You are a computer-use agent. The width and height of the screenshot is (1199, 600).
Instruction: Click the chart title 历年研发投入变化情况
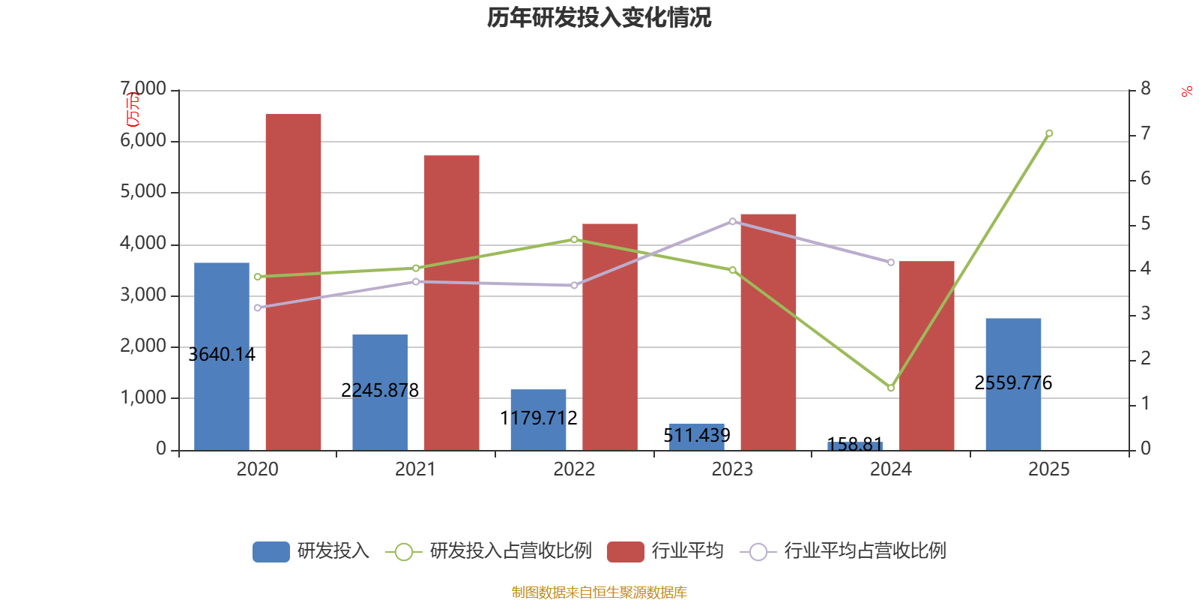(x=599, y=17)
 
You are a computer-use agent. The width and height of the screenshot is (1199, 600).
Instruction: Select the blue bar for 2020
(x=222, y=315)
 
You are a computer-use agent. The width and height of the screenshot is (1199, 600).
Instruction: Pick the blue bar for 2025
(x=1013, y=352)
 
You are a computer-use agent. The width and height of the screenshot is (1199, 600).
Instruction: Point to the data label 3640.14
(x=222, y=355)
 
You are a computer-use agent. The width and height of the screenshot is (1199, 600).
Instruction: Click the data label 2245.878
(x=380, y=391)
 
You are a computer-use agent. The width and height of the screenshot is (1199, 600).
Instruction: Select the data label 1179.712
(x=538, y=418)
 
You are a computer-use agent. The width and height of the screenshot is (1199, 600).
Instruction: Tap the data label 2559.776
(x=1013, y=383)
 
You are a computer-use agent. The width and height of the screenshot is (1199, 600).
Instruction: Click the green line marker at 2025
(x=1049, y=133)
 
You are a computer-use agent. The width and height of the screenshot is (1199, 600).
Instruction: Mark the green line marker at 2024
(x=891, y=388)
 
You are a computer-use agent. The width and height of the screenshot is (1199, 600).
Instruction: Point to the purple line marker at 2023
(x=733, y=221)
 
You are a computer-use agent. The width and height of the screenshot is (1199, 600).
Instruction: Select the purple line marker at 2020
(x=258, y=307)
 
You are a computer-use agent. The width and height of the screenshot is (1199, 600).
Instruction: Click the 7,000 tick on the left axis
(x=144, y=89)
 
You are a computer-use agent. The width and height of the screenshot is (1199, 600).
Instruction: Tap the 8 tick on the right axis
(x=1145, y=89)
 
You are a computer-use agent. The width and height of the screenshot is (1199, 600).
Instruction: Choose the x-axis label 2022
(x=574, y=469)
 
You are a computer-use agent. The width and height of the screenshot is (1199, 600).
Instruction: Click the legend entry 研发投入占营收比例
(x=510, y=551)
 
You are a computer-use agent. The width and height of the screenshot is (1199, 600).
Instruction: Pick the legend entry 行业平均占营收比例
(x=864, y=551)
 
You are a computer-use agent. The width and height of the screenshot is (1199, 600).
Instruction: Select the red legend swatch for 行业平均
(x=626, y=552)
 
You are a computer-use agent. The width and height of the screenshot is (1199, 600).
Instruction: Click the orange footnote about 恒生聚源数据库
(x=599, y=592)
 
